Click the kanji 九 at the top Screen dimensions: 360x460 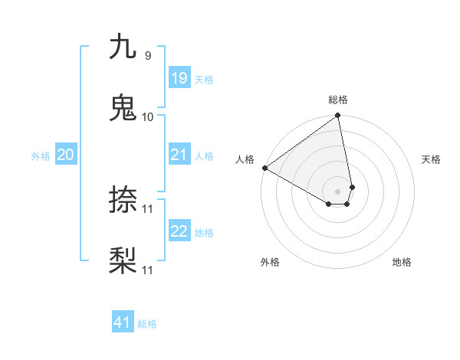123,47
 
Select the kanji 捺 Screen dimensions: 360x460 123,201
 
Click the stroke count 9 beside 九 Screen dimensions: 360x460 147,55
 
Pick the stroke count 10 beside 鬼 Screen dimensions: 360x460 148,116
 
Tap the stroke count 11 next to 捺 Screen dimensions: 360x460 148,208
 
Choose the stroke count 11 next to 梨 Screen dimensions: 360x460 148,270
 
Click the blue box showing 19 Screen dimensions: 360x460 179,78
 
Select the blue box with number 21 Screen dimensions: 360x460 179,155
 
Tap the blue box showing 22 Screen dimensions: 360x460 179,231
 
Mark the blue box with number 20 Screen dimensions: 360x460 66,155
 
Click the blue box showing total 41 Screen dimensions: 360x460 123,322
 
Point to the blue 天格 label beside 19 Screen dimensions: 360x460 204,79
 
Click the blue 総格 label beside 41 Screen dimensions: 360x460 147,323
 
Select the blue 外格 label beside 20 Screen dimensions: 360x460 41,155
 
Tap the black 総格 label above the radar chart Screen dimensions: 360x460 338,100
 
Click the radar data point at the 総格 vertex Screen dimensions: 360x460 338,116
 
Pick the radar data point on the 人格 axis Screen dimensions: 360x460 264,168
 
